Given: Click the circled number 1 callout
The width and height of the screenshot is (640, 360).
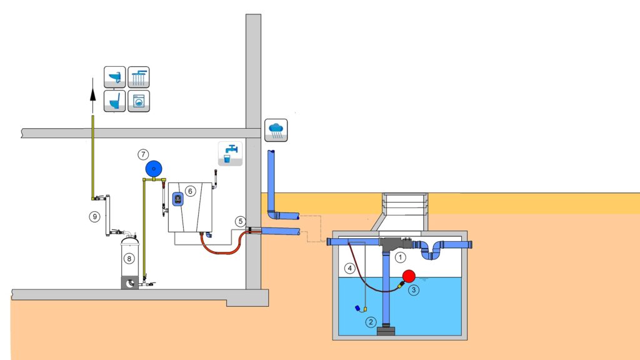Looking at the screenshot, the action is pyautogui.click(x=400, y=257).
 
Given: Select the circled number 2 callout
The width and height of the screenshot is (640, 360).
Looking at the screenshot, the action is pyautogui.click(x=371, y=322).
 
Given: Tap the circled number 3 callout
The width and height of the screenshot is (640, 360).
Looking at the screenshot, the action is pyautogui.click(x=414, y=290).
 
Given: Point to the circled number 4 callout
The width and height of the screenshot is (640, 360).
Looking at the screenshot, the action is pyautogui.click(x=349, y=268).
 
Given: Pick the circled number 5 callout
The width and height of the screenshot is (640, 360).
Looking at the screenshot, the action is pyautogui.click(x=241, y=221).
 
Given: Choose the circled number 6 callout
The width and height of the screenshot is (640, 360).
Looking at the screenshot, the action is pyautogui.click(x=190, y=191).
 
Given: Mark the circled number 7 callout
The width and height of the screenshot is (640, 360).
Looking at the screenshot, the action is pyautogui.click(x=143, y=154).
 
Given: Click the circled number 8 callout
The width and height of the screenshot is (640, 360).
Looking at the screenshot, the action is pyautogui.click(x=129, y=258).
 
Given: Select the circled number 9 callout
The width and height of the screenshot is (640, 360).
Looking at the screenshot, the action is pyautogui.click(x=95, y=216).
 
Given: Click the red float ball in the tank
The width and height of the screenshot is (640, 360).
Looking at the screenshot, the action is pyautogui.click(x=409, y=276).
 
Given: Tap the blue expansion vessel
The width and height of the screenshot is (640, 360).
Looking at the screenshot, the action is pyautogui.click(x=154, y=169).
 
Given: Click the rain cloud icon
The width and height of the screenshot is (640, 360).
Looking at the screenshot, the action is pyautogui.click(x=276, y=130).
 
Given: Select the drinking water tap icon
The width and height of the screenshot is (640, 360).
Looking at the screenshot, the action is pyautogui.click(x=230, y=154).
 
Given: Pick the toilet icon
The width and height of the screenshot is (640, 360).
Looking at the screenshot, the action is pyautogui.click(x=115, y=101).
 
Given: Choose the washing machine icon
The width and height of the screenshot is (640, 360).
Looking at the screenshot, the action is pyautogui.click(x=139, y=101).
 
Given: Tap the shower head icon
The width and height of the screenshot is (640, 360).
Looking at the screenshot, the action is pyautogui.click(x=139, y=77).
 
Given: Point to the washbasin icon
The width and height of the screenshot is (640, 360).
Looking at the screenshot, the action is pyautogui.click(x=115, y=77).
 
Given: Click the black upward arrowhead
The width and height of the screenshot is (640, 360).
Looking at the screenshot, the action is pyautogui.click(x=93, y=94).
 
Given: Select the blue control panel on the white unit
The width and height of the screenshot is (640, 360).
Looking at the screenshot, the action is pyautogui.click(x=177, y=199).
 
